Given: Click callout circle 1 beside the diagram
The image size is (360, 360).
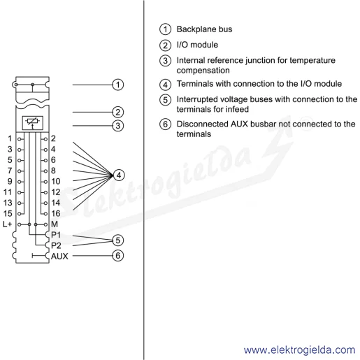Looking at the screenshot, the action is [118, 85].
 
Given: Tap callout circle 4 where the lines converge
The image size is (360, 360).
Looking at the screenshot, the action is [119, 175].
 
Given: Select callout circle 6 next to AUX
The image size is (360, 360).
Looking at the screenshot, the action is [118, 256].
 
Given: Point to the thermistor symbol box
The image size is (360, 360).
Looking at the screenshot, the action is [33, 123].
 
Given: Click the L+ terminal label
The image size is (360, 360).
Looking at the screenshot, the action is [7, 224].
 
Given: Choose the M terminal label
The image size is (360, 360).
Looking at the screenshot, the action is [55, 224].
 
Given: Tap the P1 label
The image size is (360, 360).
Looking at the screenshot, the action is [56, 235].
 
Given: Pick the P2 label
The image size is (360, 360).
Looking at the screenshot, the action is [56, 245].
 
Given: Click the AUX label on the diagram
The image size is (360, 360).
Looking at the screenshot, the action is [59, 257].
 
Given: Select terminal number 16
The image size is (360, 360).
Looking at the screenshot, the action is [56, 213].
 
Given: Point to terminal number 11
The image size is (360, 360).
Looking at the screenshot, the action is [8, 192].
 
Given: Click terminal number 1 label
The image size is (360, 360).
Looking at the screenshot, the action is [10, 138].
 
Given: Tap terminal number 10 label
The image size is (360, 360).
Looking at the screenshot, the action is [56, 181].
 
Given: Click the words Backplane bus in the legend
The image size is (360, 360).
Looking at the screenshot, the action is [204, 29].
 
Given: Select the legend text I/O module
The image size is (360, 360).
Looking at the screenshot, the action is [197, 45].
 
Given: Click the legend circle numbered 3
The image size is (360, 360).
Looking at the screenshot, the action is [165, 61].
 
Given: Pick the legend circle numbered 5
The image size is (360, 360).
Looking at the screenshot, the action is [165, 99].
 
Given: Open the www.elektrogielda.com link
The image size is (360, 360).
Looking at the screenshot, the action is [299, 350].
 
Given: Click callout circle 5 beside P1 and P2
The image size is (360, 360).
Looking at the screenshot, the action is [118, 240].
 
